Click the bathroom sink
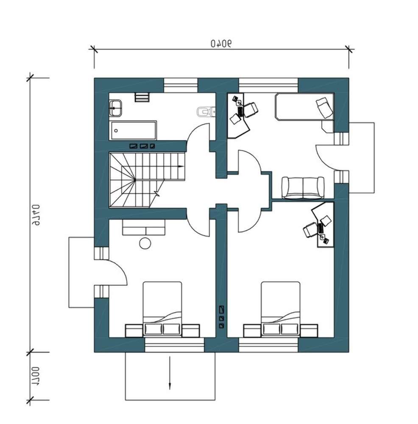tap(115, 108)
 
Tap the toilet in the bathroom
tap(206, 112)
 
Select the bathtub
tap(133, 131)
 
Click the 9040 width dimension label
tap(221, 43)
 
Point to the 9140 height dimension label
tap(36, 215)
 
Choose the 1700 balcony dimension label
tap(36, 376)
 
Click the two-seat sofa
tap(303, 188)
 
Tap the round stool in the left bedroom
tap(145, 243)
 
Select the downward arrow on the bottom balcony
tap(170, 373)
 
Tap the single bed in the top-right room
tap(304, 106)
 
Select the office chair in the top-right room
tap(251, 110)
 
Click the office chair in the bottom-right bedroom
tap(310, 230)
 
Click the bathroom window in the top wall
tap(181, 85)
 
